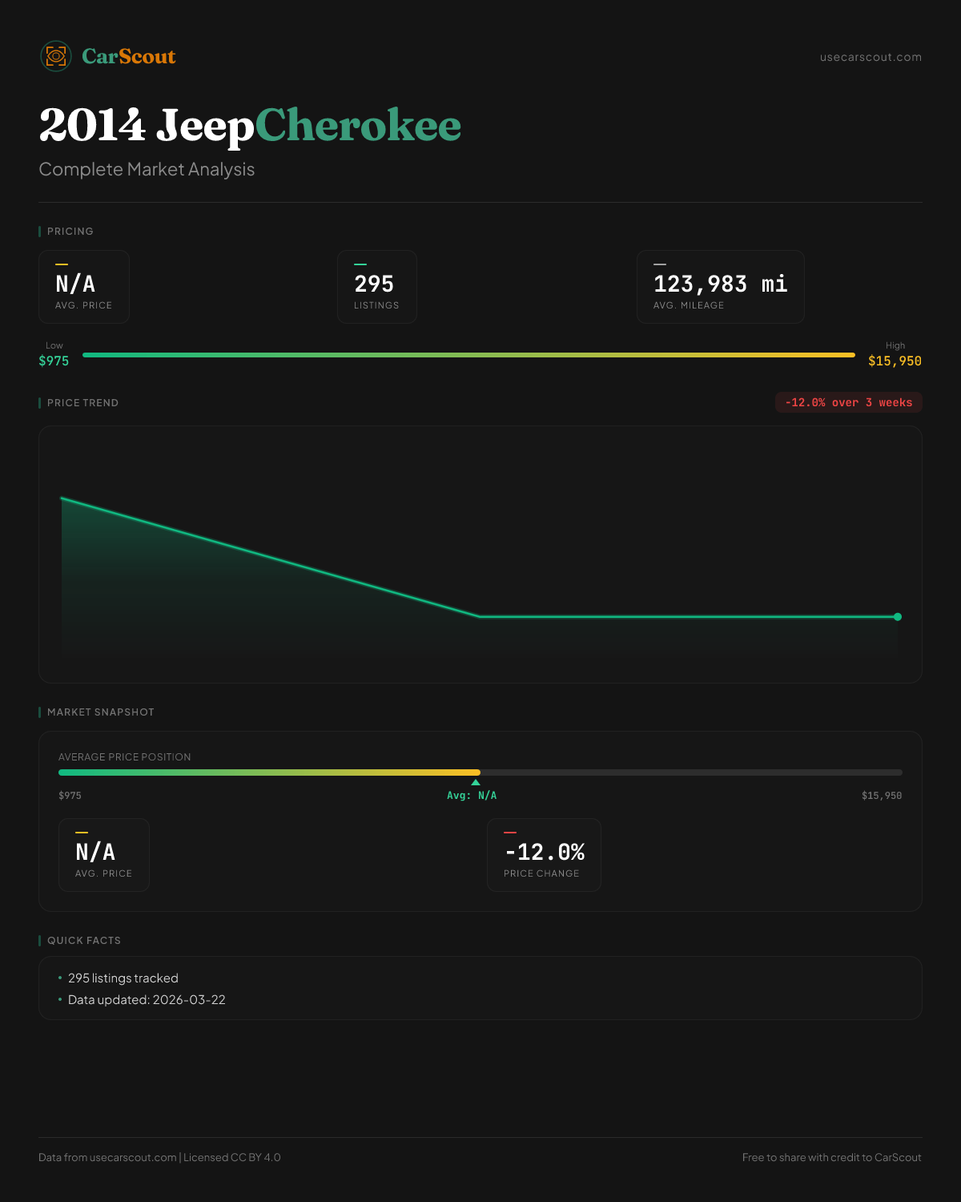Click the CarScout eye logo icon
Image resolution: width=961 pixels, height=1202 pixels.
point(56,56)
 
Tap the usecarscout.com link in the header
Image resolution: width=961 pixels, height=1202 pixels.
point(871,57)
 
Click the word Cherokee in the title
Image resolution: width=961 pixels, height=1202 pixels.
point(358,126)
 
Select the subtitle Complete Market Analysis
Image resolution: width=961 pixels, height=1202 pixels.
point(147,169)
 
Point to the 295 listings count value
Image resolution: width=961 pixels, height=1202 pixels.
point(374,284)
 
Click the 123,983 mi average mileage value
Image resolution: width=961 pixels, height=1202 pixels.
point(720,284)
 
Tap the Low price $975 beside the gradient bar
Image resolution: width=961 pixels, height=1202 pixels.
point(54,361)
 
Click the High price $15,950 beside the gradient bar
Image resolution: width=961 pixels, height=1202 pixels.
point(895,361)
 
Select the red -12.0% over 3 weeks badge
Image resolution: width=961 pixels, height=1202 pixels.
point(848,402)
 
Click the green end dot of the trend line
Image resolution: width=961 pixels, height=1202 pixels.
point(898,617)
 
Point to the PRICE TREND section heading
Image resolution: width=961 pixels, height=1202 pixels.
point(82,403)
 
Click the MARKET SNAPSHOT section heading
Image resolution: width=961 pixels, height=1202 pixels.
point(100,712)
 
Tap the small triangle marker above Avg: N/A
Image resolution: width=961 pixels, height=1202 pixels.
point(476,782)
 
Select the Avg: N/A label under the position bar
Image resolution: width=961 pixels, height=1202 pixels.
point(472,796)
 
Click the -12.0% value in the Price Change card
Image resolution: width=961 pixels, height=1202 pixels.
point(545,852)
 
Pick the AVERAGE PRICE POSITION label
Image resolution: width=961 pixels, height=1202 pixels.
point(125,757)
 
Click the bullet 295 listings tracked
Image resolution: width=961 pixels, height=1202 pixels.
point(123,978)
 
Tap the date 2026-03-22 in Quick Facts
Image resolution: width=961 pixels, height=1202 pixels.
point(189,1000)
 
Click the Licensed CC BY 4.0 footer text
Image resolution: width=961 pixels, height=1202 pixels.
point(232,1157)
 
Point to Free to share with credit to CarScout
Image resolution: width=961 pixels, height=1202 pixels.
point(831,1157)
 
